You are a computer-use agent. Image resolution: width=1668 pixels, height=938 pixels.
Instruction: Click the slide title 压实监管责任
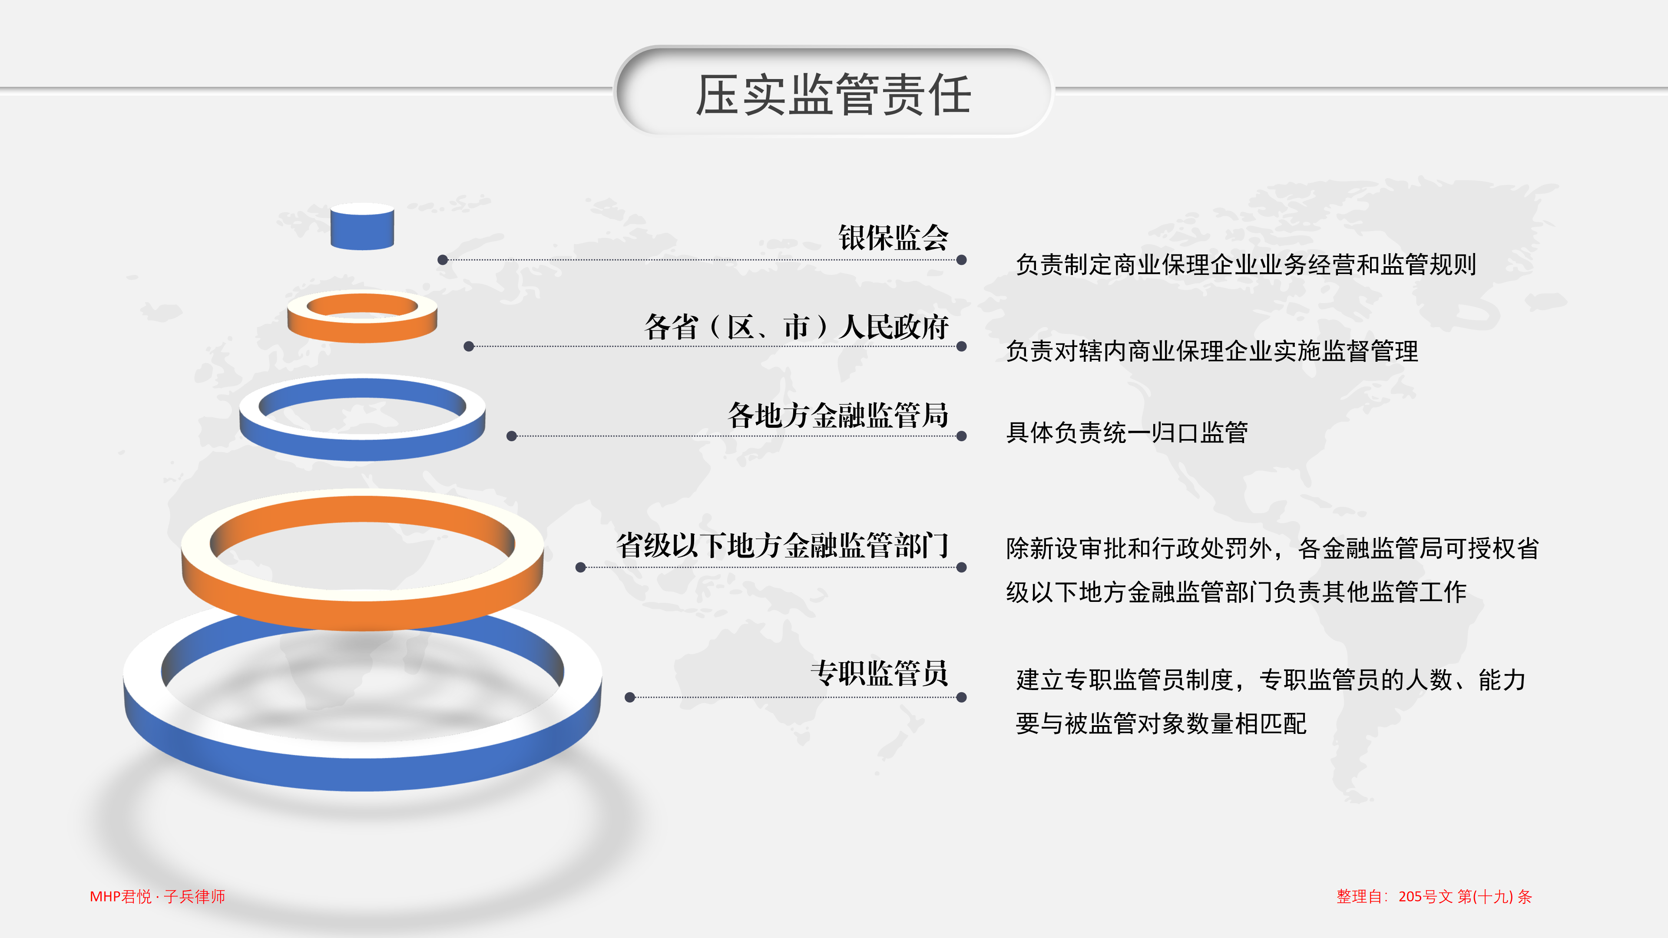pyautogui.click(x=834, y=95)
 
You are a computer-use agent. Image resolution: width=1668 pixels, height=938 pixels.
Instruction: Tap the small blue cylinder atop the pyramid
pyautogui.click(x=362, y=227)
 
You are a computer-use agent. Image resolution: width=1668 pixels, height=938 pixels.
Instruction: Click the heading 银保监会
pyautogui.click(x=893, y=238)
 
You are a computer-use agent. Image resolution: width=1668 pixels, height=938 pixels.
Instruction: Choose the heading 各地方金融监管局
pyautogui.click(x=838, y=415)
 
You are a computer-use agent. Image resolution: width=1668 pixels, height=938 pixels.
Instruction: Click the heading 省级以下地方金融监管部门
pyautogui.click(x=782, y=545)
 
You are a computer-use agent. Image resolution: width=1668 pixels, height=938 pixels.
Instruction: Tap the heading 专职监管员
pyautogui.click(x=879, y=673)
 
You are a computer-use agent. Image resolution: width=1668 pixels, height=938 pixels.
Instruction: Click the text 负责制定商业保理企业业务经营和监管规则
pyautogui.click(x=1246, y=264)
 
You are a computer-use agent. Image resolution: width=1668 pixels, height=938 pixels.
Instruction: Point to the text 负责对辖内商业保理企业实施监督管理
pyautogui.click(x=1212, y=351)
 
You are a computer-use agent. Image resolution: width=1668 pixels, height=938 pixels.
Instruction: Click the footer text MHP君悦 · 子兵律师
pyautogui.click(x=157, y=897)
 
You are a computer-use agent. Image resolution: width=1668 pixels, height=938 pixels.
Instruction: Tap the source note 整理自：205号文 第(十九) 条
pyautogui.click(x=1434, y=897)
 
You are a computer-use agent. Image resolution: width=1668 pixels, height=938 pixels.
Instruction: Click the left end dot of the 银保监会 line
pyautogui.click(x=443, y=260)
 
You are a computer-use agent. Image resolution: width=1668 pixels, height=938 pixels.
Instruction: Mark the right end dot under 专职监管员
pyautogui.click(x=962, y=697)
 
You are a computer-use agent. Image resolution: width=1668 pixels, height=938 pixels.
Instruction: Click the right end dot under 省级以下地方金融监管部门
pyautogui.click(x=962, y=568)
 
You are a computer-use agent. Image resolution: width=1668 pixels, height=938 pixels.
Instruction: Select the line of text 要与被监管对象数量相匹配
pyautogui.click(x=1161, y=723)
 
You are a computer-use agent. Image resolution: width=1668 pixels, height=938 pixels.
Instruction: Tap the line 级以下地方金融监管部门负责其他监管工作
pyautogui.click(x=1236, y=591)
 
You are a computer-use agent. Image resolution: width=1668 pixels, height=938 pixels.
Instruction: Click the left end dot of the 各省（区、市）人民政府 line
pyautogui.click(x=469, y=347)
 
